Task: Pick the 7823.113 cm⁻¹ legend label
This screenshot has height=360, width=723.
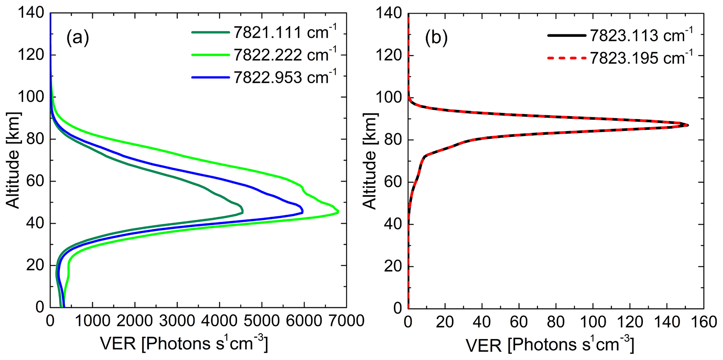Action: (641, 35)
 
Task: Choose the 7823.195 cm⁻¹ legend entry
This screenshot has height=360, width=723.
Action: (641, 58)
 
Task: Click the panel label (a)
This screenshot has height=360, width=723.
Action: (78, 38)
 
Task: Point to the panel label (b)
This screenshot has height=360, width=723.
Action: (436, 38)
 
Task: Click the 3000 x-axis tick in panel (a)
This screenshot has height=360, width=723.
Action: (177, 321)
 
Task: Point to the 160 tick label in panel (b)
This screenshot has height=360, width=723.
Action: (703, 322)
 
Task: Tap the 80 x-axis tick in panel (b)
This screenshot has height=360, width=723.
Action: (556, 322)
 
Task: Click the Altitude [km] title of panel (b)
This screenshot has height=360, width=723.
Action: (369, 161)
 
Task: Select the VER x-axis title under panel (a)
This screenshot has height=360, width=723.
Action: (184, 345)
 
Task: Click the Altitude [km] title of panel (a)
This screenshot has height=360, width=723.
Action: (13, 160)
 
